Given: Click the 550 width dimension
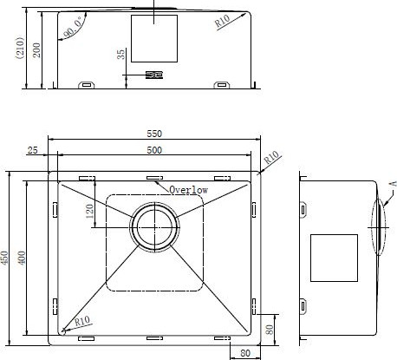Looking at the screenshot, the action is point(154,134).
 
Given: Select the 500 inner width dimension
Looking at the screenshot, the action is point(154,150).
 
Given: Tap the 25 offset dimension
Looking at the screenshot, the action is point(32,150).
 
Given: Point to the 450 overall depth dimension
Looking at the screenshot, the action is point(4,258).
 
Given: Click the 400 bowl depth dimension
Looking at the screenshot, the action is point(22,258).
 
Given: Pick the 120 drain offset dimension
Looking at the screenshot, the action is point(89,211).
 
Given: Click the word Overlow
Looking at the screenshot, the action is point(188,190).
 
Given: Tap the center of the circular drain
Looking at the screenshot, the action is point(154,227).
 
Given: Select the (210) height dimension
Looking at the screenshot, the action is point(20,48).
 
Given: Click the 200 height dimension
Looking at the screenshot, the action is point(36,50).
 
